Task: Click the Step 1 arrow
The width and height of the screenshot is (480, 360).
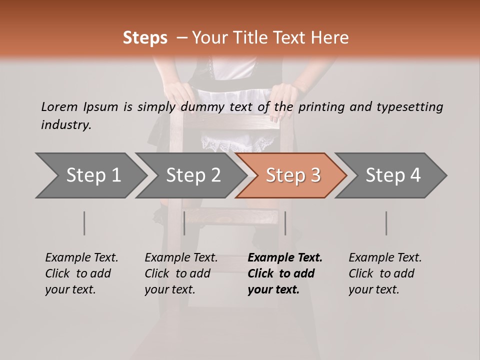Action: click(90, 175)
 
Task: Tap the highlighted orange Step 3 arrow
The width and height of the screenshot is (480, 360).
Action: click(291, 175)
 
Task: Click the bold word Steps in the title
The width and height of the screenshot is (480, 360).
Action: click(145, 38)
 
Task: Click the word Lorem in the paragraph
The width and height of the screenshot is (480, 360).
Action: click(59, 106)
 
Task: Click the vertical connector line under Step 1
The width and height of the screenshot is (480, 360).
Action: click(84, 223)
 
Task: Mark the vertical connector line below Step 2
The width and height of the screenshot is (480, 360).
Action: click(184, 223)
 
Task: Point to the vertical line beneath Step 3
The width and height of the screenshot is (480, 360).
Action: click(285, 223)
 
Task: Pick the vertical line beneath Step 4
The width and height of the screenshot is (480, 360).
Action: click(386, 223)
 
